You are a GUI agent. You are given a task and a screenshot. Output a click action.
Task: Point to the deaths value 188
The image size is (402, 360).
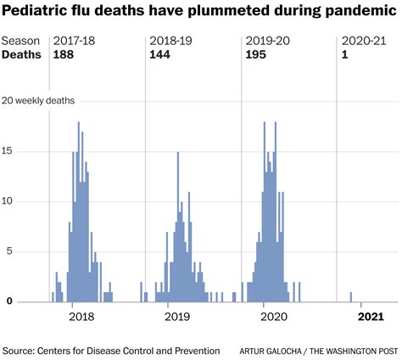click(x=64, y=54)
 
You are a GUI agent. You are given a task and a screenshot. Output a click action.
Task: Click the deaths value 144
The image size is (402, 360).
click(x=159, y=54)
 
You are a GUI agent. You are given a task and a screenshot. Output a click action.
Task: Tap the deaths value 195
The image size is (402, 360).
click(x=255, y=54)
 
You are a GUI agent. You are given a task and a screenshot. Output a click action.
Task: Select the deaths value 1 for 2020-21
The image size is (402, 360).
click(x=343, y=54)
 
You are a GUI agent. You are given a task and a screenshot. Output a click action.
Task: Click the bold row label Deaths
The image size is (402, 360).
click(x=20, y=54)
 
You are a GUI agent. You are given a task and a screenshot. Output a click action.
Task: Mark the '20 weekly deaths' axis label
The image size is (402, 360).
click(x=39, y=100)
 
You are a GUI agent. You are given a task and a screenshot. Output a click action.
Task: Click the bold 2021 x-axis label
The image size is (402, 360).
click(x=369, y=317)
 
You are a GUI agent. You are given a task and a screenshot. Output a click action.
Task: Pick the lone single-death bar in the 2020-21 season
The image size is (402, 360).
click(x=351, y=297)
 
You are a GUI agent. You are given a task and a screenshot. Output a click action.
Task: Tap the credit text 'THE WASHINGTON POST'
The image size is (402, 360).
click(x=349, y=350)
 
